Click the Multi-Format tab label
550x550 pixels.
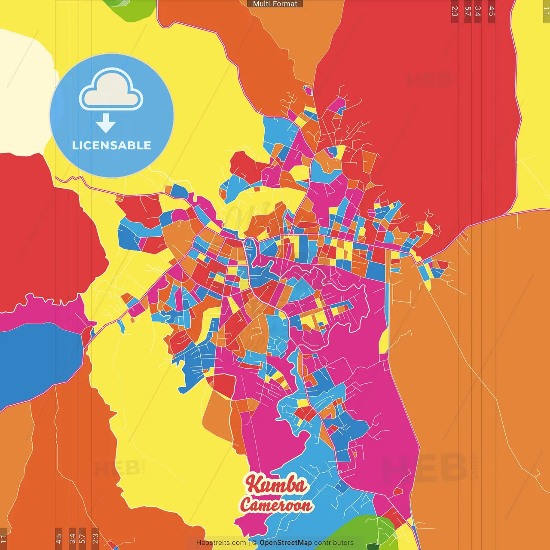(x=275, y=4)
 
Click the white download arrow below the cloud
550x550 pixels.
(x=106, y=123)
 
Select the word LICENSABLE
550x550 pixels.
(x=112, y=145)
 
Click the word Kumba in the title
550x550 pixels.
(x=277, y=485)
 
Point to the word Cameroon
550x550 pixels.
(x=276, y=504)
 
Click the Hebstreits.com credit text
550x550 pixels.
(x=221, y=543)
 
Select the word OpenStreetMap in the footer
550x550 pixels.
(x=285, y=543)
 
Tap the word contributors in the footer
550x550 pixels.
(x=334, y=543)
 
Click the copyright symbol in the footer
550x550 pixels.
(x=255, y=543)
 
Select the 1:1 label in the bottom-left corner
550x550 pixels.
(x=3, y=539)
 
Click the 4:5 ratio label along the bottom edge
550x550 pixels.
(x=58, y=539)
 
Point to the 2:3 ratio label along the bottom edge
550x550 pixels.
(x=95, y=539)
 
